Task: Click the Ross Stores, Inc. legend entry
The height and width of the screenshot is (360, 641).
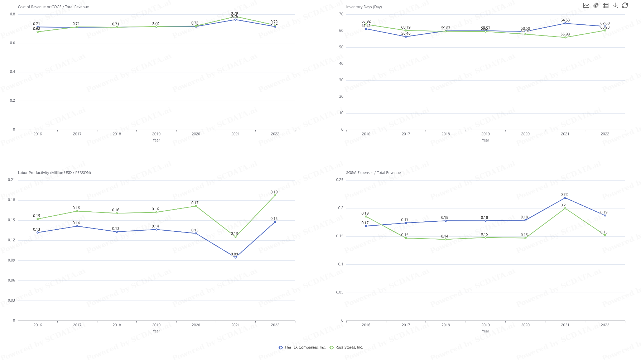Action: pos(346,347)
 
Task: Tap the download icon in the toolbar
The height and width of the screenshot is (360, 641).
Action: pos(615,5)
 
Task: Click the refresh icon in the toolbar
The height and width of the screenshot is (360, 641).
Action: pos(625,5)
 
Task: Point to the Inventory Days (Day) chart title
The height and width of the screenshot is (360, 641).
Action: pos(364,7)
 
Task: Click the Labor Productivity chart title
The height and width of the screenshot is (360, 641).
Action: pos(54,173)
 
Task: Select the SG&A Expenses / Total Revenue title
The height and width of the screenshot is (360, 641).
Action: pos(373,173)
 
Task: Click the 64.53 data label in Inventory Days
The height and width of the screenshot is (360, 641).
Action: pos(565,20)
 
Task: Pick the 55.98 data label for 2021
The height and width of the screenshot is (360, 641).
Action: pos(565,34)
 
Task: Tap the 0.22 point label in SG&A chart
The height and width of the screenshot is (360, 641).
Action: pos(564,195)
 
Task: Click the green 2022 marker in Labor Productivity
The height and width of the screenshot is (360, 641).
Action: pos(275,195)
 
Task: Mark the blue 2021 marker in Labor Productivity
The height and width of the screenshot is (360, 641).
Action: pos(235,257)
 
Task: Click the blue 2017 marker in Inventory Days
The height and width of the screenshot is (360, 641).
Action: pos(406,37)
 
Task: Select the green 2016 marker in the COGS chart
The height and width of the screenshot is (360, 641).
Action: pos(38,32)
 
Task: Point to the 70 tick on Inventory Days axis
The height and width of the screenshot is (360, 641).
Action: pos(341,14)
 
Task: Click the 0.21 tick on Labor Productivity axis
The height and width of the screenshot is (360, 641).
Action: pos(11,180)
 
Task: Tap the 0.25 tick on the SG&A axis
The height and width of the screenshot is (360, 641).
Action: pos(339,180)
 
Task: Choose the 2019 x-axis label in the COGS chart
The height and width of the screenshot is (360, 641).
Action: pos(156,134)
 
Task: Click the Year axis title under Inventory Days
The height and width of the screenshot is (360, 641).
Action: pos(485,140)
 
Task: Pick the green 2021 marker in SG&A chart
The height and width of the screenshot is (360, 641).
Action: pos(565,208)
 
